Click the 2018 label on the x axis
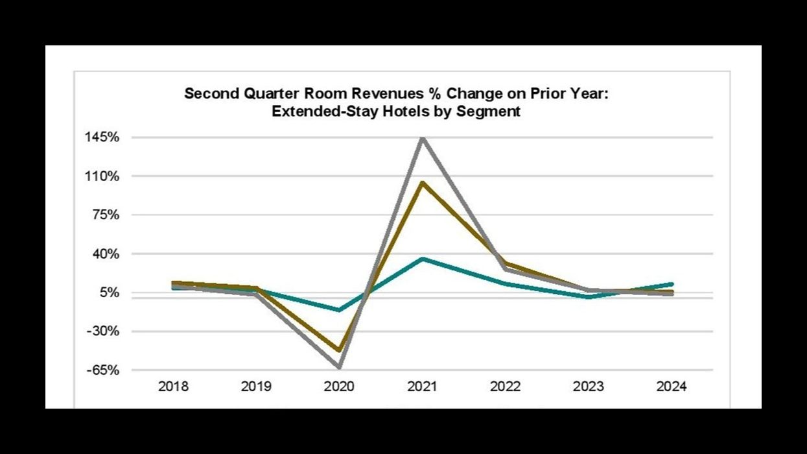[173, 387]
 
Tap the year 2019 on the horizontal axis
[256, 387]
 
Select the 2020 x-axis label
[339, 387]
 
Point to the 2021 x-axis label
[422, 387]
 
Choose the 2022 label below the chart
[505, 387]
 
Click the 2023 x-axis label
[588, 387]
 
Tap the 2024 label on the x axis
[671, 387]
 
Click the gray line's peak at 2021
[422, 137]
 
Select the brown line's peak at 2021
[422, 182]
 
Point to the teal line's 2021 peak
[422, 259]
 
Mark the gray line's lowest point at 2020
[339, 367]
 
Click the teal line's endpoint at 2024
[671, 284]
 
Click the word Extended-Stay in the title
[316, 111]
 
